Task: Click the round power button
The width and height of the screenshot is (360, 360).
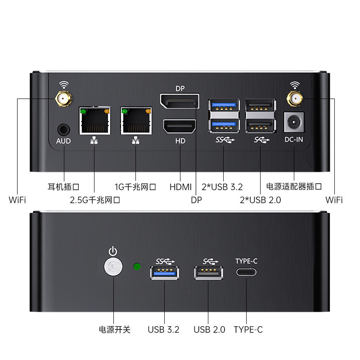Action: pos(113,266)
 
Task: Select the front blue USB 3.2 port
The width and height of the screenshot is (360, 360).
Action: pos(164,273)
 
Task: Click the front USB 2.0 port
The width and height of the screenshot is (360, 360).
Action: pos(208,273)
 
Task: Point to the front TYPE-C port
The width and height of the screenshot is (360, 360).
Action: pos(246,272)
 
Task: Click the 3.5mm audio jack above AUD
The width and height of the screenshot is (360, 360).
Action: pos(64,130)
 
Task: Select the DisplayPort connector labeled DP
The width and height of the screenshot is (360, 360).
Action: pos(180,101)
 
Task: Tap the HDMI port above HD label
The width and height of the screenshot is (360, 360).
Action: pos(180,126)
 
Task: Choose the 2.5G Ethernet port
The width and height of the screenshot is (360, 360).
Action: pos(94,121)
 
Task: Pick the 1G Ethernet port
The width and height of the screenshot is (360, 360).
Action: pos(136,121)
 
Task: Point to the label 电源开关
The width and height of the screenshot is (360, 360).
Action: pos(114,329)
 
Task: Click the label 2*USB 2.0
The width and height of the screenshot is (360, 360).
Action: pos(261,200)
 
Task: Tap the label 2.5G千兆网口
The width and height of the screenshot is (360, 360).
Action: pos(95,200)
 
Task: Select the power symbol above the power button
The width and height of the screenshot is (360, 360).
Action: pos(113,251)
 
